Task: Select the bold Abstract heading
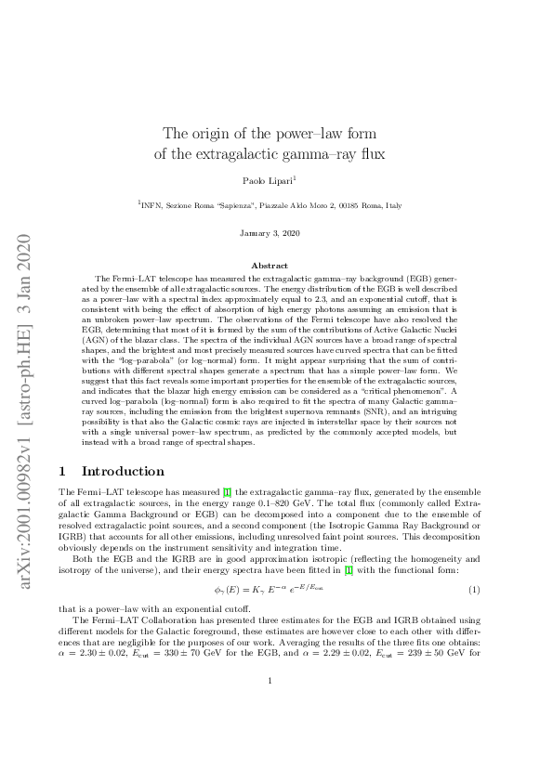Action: coord(276,267)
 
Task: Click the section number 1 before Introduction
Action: coord(62,471)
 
